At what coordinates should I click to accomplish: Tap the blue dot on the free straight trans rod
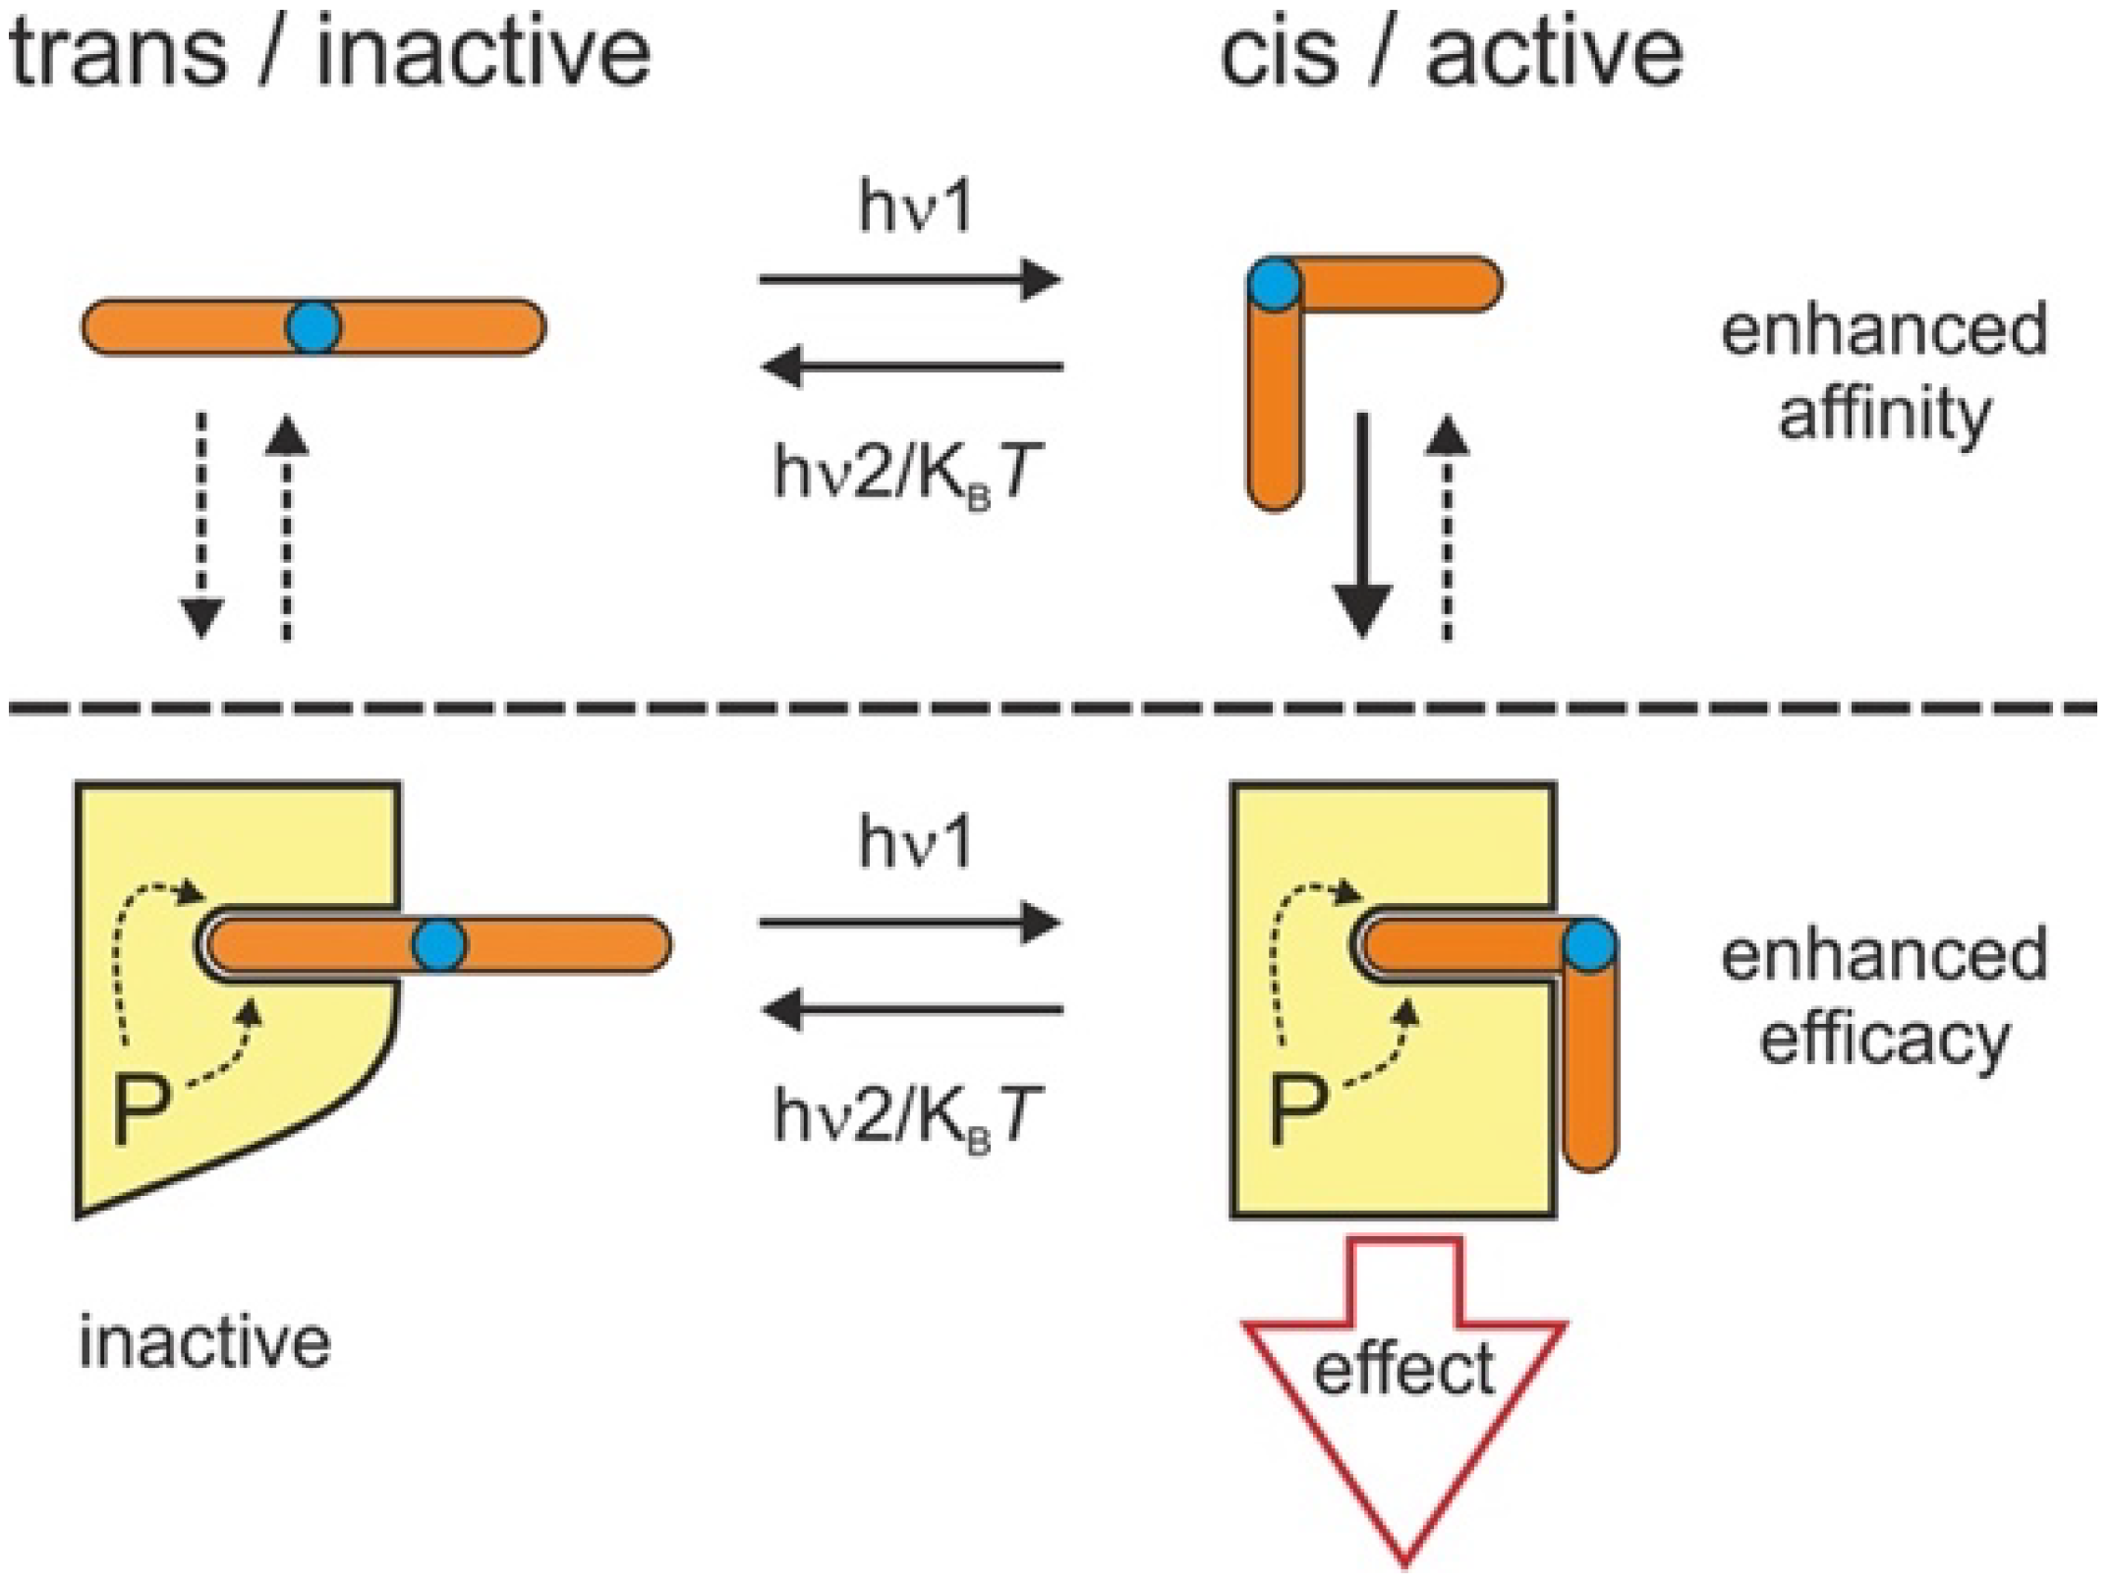314,327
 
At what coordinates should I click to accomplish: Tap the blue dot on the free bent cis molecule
1275,285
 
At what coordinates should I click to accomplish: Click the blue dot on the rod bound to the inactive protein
439,944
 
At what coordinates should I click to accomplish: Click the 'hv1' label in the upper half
915,207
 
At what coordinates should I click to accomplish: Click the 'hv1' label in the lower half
915,843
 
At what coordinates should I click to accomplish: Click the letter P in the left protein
142,1109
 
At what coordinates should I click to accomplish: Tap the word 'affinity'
1884,416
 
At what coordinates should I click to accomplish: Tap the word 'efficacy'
1884,1040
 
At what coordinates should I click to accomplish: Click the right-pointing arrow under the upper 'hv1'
910,279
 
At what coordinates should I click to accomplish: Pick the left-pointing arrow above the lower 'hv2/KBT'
912,1009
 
